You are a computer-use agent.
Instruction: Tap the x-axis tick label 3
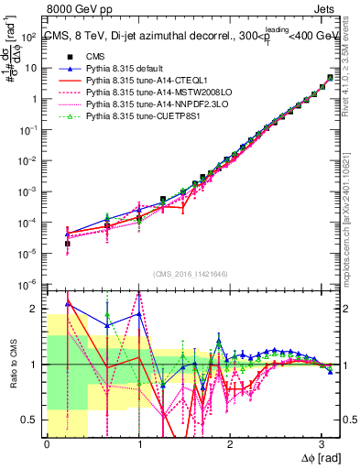322,443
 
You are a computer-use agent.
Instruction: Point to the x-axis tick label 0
46,443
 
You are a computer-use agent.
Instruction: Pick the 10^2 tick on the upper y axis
30,37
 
